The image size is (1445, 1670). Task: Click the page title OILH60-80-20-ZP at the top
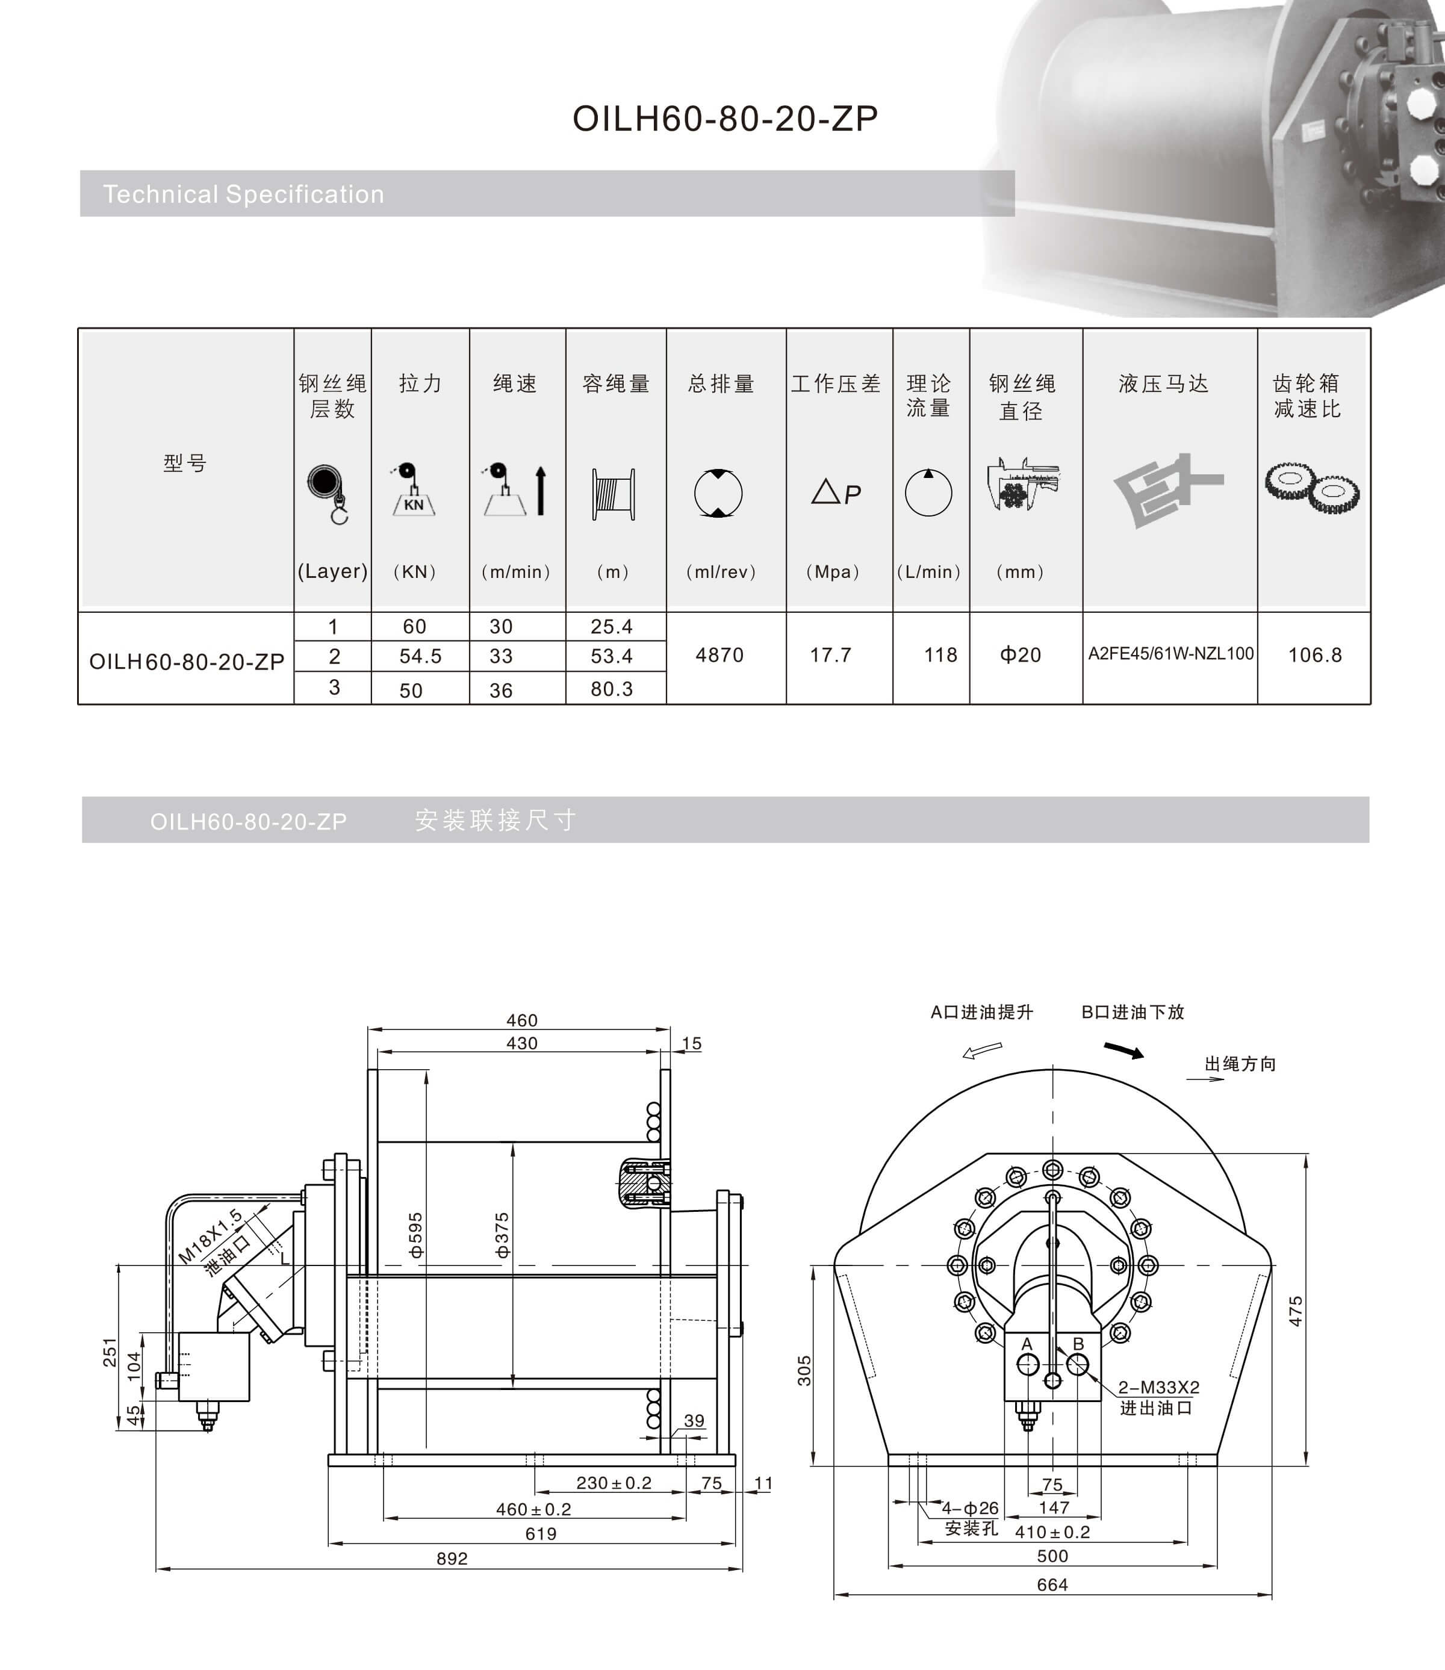tap(724, 119)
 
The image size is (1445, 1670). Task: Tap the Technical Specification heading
tap(243, 194)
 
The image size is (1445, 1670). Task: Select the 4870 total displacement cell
tap(719, 655)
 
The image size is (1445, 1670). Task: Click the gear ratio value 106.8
tap(1314, 655)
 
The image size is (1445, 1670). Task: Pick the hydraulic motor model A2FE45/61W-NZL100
tap(1170, 654)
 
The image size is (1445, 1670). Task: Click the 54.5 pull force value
tap(420, 656)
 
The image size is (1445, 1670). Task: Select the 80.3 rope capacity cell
tap(611, 689)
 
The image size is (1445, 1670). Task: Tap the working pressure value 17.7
tap(830, 655)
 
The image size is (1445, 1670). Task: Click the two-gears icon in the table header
tap(1311, 487)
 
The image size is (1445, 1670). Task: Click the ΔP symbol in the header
tap(836, 492)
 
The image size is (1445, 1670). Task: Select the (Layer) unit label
tap(332, 572)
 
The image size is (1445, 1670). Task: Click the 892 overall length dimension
tap(452, 1559)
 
